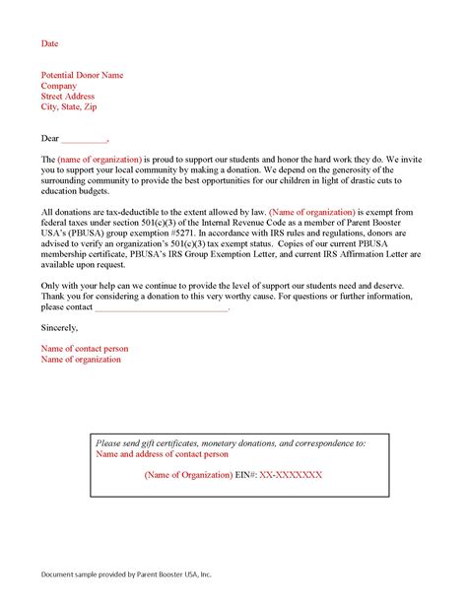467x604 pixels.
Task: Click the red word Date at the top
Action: [48, 43]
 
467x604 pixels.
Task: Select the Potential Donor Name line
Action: [82, 75]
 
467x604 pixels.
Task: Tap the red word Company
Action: [58, 86]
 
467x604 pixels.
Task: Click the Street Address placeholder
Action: [69, 97]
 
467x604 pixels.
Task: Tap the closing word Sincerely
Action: [59, 326]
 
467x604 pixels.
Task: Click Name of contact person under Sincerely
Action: [84, 348]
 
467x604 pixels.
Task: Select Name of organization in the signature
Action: [81, 359]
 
